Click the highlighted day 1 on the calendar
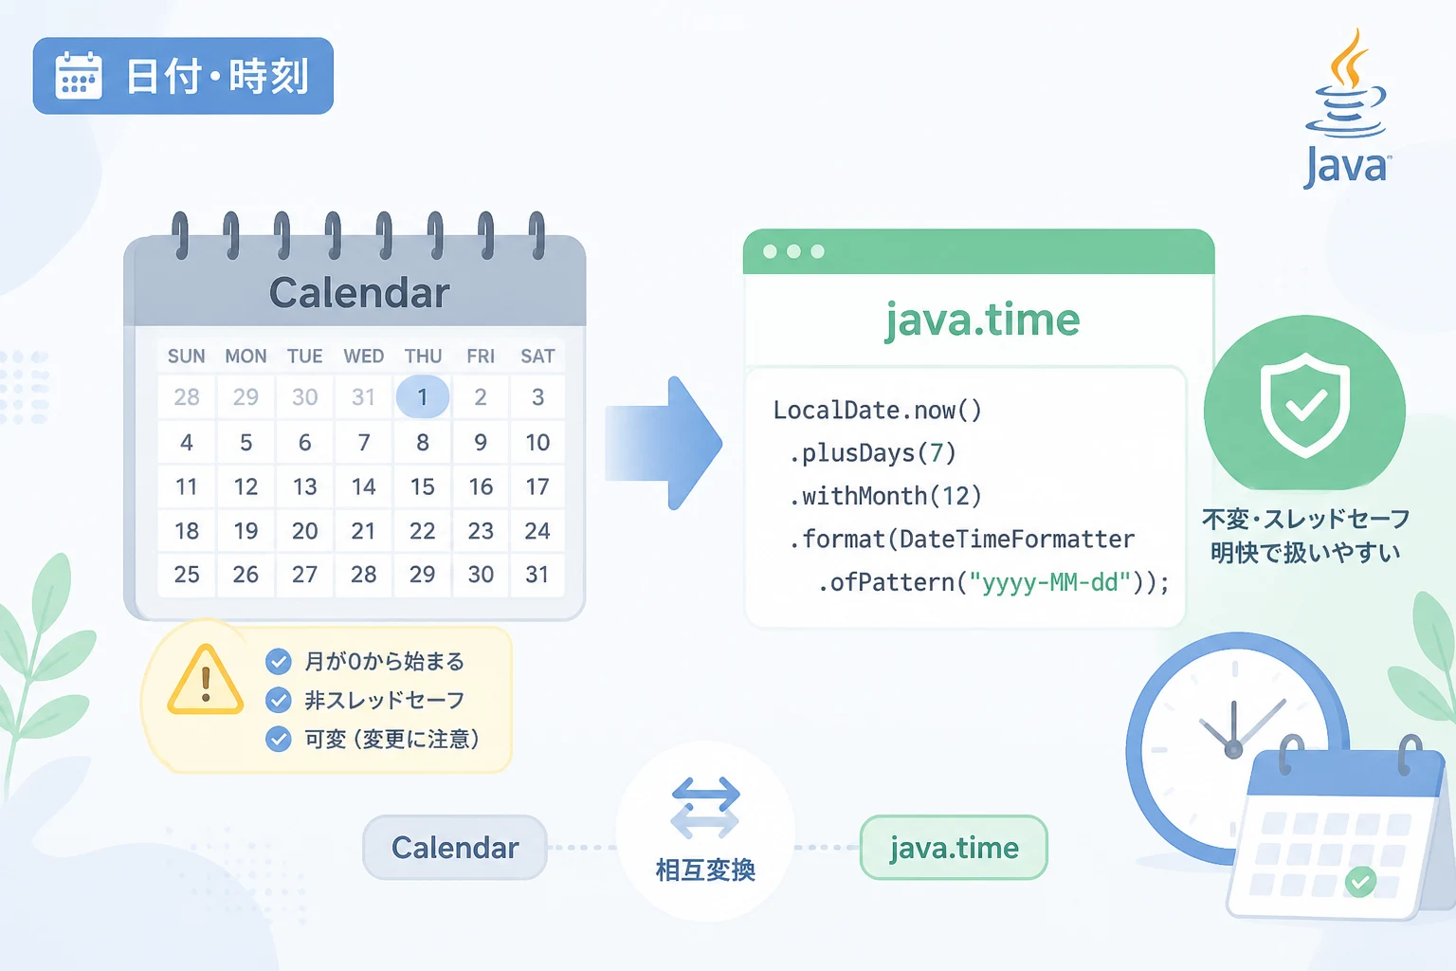pos(423,396)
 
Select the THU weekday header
pos(423,357)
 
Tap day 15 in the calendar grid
pos(423,486)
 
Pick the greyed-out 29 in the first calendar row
pos(246,396)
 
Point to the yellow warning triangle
pos(206,680)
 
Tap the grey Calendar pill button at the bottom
pos(455,848)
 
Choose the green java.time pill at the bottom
pos(954,848)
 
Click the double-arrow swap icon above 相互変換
pos(705,808)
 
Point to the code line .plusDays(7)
pos(872,453)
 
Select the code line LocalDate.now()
pos(877,411)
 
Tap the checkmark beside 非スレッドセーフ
pos(278,701)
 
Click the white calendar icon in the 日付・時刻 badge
pos(79,76)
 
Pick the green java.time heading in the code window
pos(982,320)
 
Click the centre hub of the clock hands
pos(1233,750)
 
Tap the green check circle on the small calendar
pos(1360,882)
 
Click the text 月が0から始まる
pos(384,662)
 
